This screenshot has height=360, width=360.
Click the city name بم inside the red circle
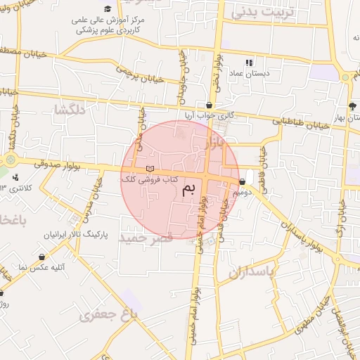(188, 189)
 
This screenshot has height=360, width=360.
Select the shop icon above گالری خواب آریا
(209, 105)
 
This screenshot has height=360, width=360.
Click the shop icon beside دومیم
(243, 181)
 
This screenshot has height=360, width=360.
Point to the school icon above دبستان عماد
(249, 63)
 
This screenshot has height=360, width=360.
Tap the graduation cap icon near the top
(108, 8)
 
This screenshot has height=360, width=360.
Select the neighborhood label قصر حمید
(146, 238)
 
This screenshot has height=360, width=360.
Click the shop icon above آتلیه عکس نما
(44, 257)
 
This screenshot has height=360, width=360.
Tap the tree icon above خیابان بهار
(352, 106)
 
